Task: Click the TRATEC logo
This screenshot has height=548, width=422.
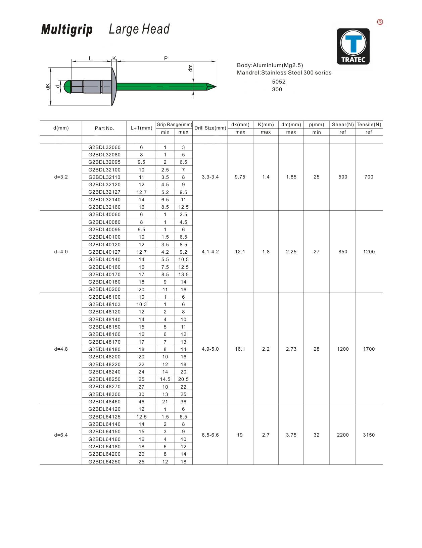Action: (x=353, y=46)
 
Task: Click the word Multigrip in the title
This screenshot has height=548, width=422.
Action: (x=67, y=30)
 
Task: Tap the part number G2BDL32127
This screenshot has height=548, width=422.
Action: (x=104, y=192)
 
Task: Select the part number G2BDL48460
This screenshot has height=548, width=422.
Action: (x=104, y=402)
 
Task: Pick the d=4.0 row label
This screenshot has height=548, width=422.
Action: (x=61, y=252)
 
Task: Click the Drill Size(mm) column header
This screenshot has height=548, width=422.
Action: (x=210, y=128)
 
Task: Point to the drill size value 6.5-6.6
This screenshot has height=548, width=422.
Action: (x=210, y=435)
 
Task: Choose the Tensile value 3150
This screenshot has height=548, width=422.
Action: (x=369, y=435)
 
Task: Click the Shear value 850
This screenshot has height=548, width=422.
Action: (x=342, y=252)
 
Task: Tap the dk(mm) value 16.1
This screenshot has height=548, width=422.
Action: (x=240, y=349)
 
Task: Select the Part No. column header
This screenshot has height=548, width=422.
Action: (x=104, y=128)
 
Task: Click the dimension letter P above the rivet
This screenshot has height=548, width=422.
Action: (x=166, y=58)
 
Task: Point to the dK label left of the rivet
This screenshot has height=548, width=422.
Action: (x=48, y=87)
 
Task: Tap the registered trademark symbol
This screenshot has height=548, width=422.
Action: (x=380, y=22)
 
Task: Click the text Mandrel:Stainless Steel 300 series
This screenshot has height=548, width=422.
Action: (x=284, y=72)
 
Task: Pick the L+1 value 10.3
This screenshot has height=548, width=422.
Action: (x=141, y=304)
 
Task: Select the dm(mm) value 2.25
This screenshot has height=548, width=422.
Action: (x=291, y=252)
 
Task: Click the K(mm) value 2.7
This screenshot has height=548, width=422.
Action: (x=266, y=435)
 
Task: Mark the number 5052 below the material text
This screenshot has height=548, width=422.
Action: (x=279, y=82)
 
